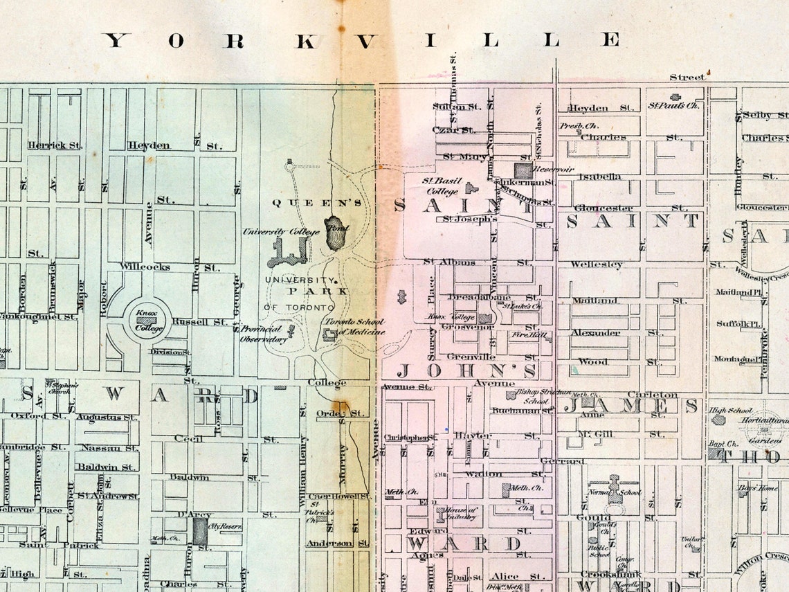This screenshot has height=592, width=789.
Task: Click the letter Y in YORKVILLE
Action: pos(117,40)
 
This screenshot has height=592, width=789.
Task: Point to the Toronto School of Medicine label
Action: pos(355,327)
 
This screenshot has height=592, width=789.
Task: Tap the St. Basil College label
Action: pos(440,186)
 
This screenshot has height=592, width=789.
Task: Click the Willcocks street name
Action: pos(145,267)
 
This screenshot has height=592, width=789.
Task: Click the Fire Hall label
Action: pos(541,335)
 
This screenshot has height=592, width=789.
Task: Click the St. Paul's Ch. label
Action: pos(673,105)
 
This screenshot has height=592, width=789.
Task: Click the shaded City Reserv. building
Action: pos(200,530)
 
